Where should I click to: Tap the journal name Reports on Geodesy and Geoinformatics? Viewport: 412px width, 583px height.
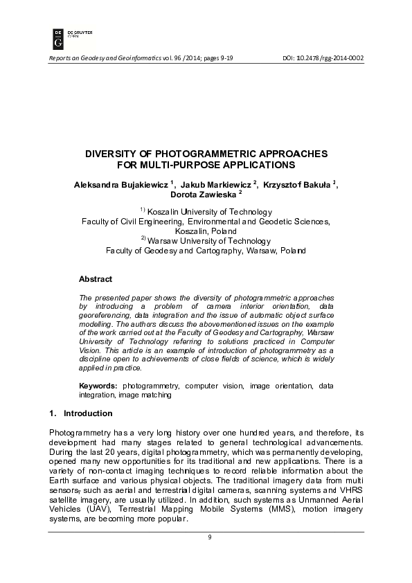(103, 57)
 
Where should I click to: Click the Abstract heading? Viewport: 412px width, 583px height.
(96, 278)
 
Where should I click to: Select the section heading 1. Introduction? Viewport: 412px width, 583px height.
(80, 413)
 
